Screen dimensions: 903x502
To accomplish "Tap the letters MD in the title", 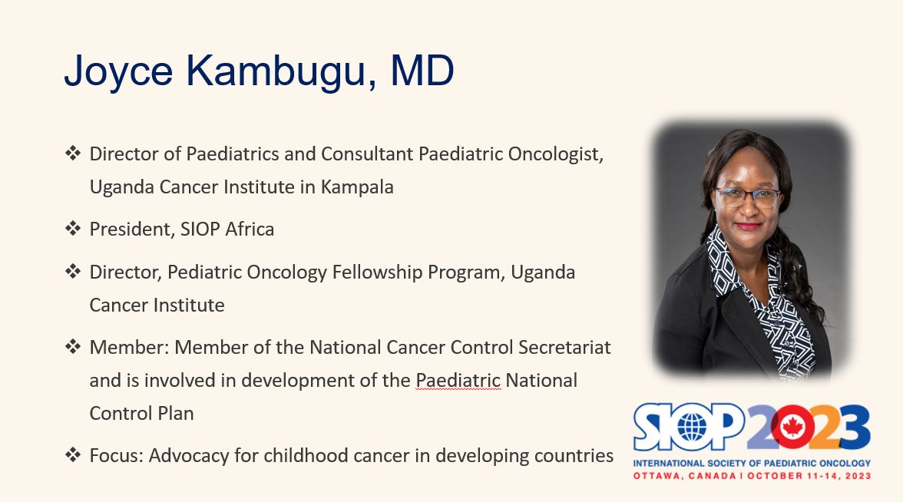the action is [x=422, y=71].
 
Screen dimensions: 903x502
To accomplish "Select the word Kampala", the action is [x=357, y=187].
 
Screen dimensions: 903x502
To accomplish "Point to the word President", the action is [x=132, y=229].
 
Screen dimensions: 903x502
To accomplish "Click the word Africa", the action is [x=250, y=229].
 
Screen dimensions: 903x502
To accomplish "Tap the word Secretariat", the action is [x=564, y=347].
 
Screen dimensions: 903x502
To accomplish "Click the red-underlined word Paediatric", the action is [x=458, y=381].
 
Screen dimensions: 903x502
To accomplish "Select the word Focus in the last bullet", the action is [x=117, y=456].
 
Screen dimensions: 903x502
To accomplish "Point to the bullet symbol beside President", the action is [x=73, y=229].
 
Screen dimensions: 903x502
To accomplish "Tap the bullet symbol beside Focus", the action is [x=73, y=455].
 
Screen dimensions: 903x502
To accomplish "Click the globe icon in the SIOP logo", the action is [x=692, y=427].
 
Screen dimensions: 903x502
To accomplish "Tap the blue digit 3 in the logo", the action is [x=854, y=427].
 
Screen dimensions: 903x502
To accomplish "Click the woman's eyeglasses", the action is [x=748, y=197].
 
